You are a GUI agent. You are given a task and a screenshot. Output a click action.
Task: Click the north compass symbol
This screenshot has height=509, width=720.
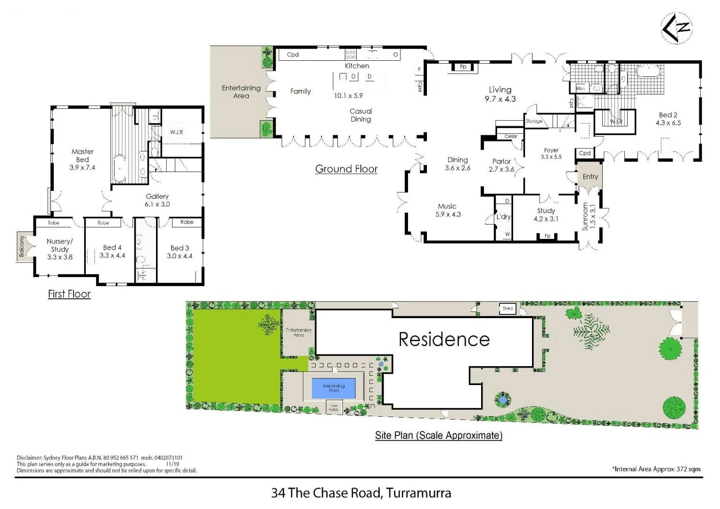coord(677,28)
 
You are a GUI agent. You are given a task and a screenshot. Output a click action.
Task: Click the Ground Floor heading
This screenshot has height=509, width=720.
coord(346,169)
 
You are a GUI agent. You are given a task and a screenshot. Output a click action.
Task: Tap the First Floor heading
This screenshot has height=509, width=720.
coord(69,294)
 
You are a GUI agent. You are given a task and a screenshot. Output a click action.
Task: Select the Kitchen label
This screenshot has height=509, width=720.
coord(357,66)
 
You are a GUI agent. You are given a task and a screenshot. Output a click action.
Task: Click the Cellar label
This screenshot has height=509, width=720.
coord(511,136)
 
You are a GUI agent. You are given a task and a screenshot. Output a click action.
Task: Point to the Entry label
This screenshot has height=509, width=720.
coord(590,176)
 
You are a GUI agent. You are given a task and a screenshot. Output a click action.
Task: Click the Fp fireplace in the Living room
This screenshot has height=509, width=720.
coord(463,67)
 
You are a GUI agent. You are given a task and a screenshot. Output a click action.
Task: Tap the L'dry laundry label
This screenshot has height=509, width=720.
coord(503,217)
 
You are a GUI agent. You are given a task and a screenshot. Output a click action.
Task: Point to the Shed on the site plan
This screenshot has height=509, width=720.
coord(507,309)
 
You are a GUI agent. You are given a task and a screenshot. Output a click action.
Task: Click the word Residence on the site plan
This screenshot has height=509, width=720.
coord(444,339)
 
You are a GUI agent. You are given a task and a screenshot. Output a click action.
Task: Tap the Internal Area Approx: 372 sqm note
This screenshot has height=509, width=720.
coord(656,469)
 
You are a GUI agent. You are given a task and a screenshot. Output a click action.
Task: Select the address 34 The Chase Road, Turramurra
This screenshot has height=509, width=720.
coord(361,493)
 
